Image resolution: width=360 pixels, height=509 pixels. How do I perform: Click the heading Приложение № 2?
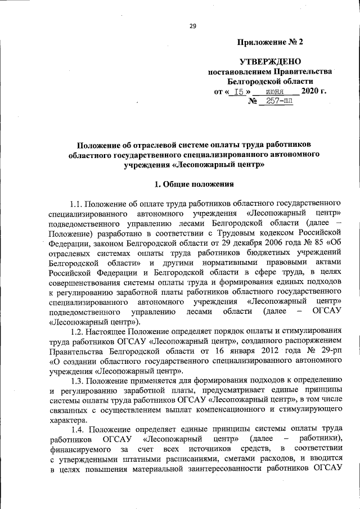click(270, 42)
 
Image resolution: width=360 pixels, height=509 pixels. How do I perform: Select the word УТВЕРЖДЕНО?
click(270, 61)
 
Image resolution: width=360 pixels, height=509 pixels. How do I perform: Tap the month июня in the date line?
click(274, 91)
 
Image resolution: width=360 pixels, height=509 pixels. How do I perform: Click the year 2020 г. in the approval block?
click(314, 91)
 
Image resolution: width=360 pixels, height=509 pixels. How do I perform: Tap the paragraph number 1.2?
click(78, 332)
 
